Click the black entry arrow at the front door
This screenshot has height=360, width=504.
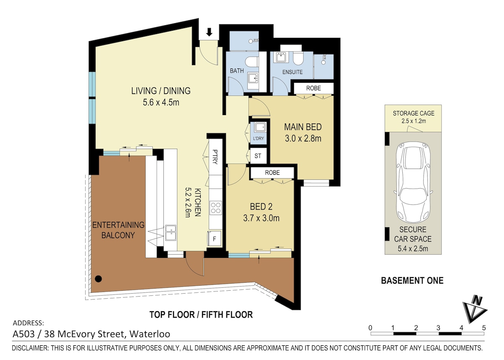pyautogui.click(x=209, y=32)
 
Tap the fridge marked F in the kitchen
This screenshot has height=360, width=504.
pyautogui.click(x=215, y=239)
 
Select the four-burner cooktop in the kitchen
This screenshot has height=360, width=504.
pyautogui.click(x=215, y=208)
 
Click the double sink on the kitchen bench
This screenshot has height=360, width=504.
pyautogui.click(x=171, y=233)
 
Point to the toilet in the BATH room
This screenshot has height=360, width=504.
pyautogui.click(x=252, y=61)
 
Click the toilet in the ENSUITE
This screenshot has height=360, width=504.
pyautogui.click(x=299, y=58)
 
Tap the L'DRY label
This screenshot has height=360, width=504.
pyautogui.click(x=258, y=138)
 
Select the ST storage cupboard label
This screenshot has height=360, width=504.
pyautogui.click(x=258, y=156)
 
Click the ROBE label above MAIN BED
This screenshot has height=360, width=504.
pyautogui.click(x=313, y=88)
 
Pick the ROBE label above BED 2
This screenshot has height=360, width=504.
pyautogui.click(x=272, y=173)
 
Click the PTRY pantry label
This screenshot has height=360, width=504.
pyautogui.click(x=215, y=157)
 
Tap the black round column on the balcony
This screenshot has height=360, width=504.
pyautogui.click(x=98, y=279)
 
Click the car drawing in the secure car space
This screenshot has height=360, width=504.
pyautogui.click(x=413, y=182)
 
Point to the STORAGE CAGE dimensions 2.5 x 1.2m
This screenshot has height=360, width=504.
pyautogui.click(x=414, y=121)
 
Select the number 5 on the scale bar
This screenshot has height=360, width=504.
pyautogui.click(x=484, y=328)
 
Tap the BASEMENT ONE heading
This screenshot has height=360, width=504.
pyautogui.click(x=412, y=281)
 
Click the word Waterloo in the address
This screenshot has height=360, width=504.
pyautogui.click(x=150, y=334)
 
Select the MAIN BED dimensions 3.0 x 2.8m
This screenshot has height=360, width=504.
pyautogui.click(x=303, y=138)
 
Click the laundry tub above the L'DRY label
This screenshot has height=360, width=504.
pyautogui.click(x=260, y=128)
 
